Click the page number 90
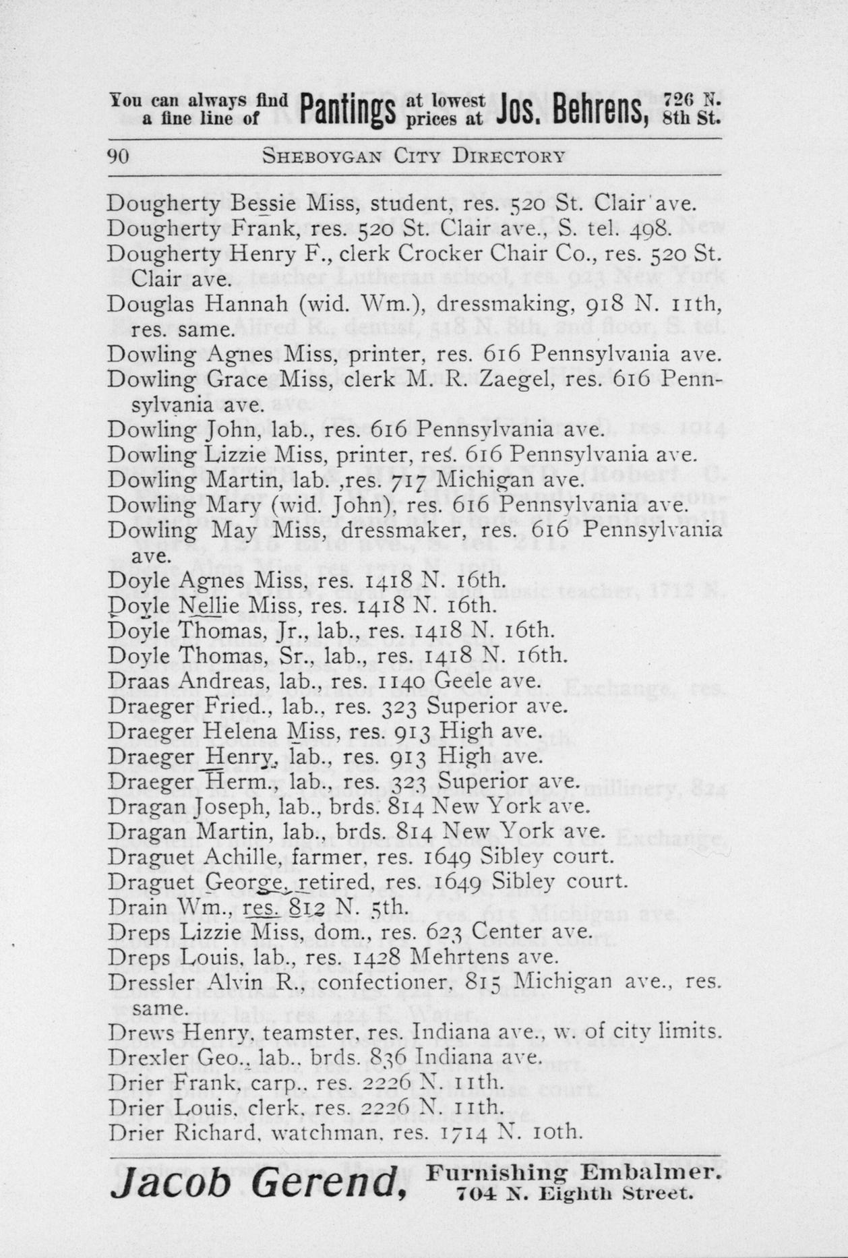pyautogui.click(x=119, y=156)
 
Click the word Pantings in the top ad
pyautogui.click(x=346, y=111)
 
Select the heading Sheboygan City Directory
pyautogui.click(x=413, y=156)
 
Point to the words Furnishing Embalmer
pyautogui.click(x=574, y=1172)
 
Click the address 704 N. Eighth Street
pyautogui.click(x=574, y=1194)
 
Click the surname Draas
pyautogui.click(x=132, y=682)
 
